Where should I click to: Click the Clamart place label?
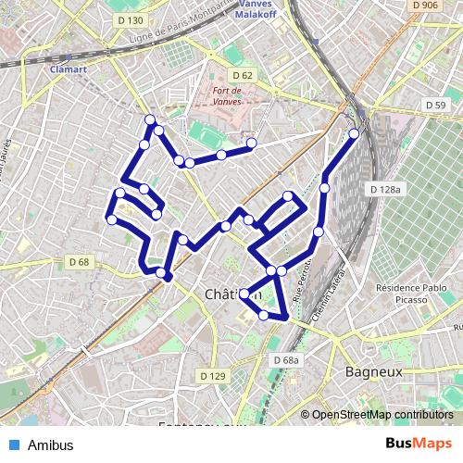[x=69, y=68]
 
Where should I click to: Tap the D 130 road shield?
[x=131, y=19]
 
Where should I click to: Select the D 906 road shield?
[x=425, y=6]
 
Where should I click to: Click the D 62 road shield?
[x=243, y=75]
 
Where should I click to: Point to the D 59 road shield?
[x=435, y=106]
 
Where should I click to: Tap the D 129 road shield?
[x=213, y=376]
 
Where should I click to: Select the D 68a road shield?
[x=287, y=360]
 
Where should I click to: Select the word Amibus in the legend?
[x=50, y=444]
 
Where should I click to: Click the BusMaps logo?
[x=419, y=444]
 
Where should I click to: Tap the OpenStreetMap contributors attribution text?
[x=382, y=415]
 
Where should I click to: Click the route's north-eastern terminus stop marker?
[x=354, y=134]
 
